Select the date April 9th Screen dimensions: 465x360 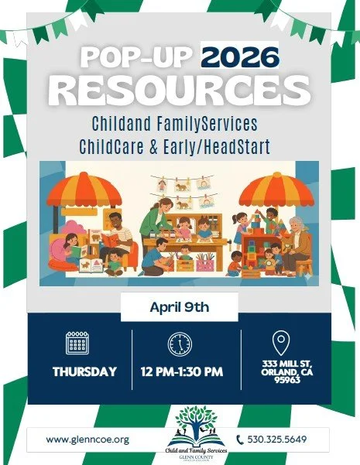coord(180,306)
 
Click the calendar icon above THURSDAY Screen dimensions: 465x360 coord(77,343)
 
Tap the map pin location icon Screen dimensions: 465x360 coord(281,341)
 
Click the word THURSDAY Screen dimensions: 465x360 coord(84,372)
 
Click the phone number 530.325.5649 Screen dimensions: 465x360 coord(277,439)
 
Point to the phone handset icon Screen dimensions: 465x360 coord(239,439)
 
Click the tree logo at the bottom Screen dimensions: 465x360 coord(180,424)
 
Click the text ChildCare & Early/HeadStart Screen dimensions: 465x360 coord(180,143)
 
